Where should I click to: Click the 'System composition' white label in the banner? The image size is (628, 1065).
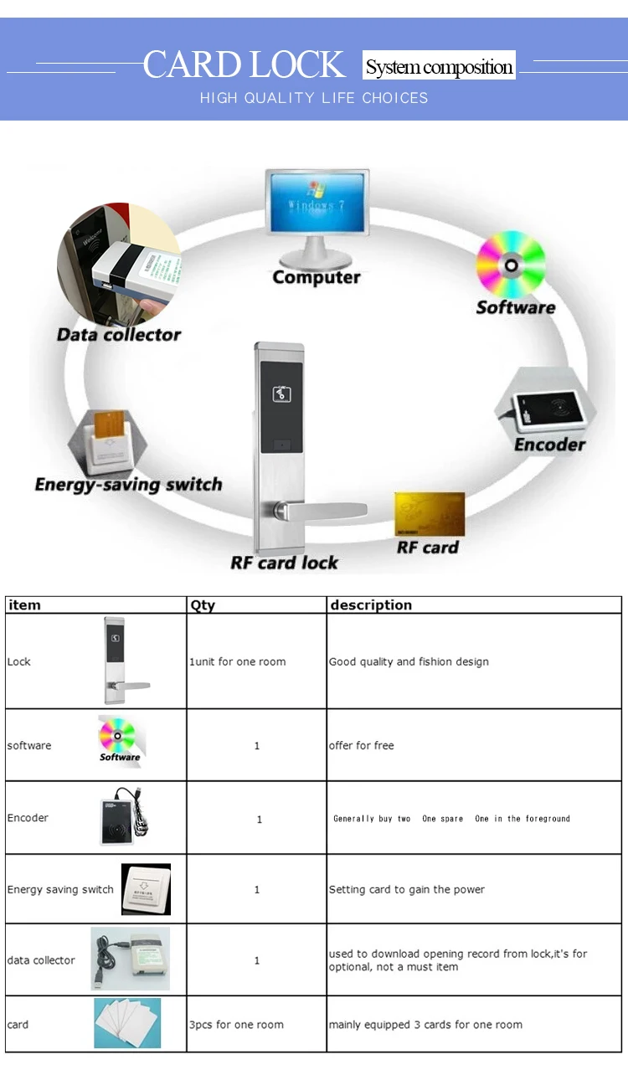439,65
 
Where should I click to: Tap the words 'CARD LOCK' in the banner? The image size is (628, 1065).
244,64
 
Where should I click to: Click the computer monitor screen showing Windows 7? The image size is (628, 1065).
317,202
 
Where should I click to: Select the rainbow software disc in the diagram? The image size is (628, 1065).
511,264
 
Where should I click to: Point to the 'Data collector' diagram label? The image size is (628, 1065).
119,335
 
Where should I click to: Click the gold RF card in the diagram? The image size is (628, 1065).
430,514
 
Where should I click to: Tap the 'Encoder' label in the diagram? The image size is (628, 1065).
549,445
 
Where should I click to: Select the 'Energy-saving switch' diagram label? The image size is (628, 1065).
128,485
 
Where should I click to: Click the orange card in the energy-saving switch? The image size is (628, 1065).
110,423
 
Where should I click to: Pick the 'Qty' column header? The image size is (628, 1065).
203,605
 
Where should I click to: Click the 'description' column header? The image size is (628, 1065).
371,605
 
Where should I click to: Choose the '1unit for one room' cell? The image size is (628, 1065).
237,661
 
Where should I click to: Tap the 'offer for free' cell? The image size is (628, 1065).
361,745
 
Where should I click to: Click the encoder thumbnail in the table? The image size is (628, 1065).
125,815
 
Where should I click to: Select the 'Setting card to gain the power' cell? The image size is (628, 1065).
406,889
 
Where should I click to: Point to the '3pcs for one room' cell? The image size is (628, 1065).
236,1024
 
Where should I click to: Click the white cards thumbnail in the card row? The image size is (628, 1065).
127,1022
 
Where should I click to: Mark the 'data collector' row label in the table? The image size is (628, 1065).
41,960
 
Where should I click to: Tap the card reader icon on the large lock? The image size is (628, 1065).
281,394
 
